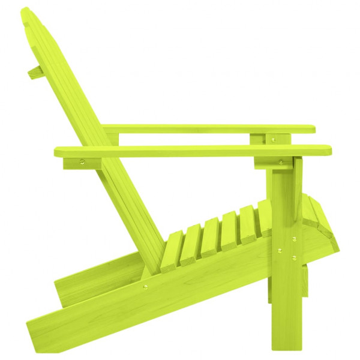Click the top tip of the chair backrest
point(25,12)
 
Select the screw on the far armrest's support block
point(274,140)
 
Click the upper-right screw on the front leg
point(294,239)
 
